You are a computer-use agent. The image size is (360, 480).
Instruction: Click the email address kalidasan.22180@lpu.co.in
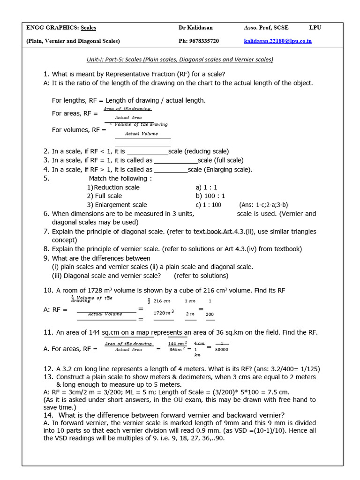click(277, 41)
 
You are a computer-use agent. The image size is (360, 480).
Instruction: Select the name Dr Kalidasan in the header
click(195, 28)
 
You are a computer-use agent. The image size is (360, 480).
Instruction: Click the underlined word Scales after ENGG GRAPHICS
click(88, 28)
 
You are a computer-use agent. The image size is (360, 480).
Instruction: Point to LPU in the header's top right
click(315, 28)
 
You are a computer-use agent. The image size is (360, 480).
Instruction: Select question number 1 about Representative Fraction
click(46, 74)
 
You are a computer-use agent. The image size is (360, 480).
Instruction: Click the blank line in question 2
click(148, 151)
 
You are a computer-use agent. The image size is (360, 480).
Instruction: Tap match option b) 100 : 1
click(210, 196)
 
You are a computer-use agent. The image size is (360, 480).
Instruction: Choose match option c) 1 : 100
click(209, 205)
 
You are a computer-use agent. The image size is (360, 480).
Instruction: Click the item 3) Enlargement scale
click(117, 205)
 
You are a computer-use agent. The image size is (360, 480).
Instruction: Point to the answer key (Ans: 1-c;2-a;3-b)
click(263, 205)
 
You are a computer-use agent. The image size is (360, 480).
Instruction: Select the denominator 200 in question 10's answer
click(210, 315)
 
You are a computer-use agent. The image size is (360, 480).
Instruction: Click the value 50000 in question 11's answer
click(221, 349)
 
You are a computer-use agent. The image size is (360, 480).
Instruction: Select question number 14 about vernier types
click(48, 415)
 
